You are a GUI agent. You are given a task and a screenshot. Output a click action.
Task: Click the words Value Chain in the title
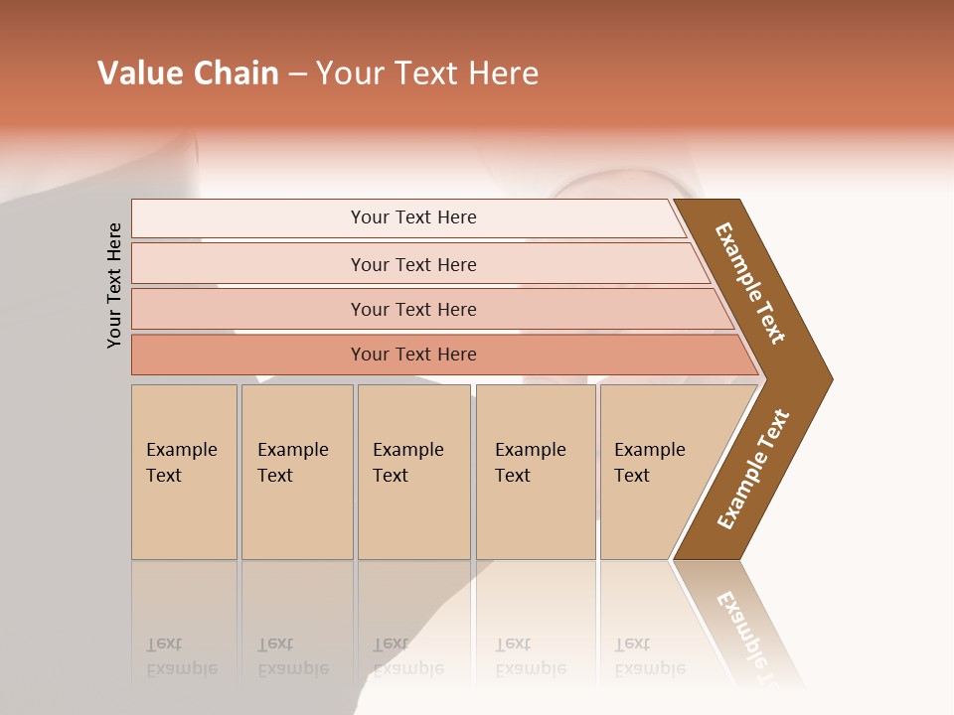[x=188, y=73]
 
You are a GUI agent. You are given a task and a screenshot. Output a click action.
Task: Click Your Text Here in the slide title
[x=427, y=73]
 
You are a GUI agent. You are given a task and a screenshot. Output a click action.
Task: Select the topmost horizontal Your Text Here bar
[x=412, y=217]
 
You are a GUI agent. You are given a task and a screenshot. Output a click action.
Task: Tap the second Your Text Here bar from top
[x=412, y=264]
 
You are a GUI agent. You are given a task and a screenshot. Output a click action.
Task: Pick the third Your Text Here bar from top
[x=412, y=309]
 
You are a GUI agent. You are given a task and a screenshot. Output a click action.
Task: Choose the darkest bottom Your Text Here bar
[x=412, y=355]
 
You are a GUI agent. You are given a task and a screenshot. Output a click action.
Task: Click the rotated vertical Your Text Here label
[x=114, y=285]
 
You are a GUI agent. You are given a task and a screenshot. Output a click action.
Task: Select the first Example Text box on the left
[x=184, y=472]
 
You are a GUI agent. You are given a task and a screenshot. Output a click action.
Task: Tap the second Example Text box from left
[x=296, y=472]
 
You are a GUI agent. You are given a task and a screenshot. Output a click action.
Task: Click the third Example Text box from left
[x=412, y=472]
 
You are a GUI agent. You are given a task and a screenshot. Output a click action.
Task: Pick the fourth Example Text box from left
[x=535, y=472]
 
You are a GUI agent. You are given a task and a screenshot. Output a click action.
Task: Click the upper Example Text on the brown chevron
[x=751, y=283]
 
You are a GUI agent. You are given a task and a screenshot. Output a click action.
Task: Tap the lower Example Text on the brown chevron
[x=753, y=469]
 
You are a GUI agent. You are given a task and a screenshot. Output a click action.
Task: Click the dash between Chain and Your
[x=297, y=74]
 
